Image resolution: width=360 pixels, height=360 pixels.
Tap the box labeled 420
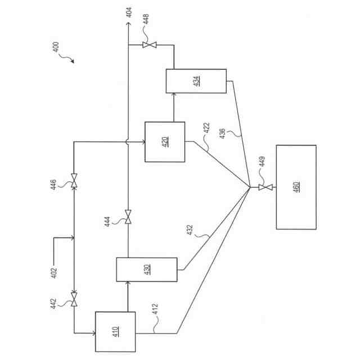click(165, 142)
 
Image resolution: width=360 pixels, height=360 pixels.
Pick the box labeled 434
click(196, 80)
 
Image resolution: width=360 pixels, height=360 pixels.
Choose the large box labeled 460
click(296, 187)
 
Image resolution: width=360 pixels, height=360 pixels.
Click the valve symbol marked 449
click(263, 187)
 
